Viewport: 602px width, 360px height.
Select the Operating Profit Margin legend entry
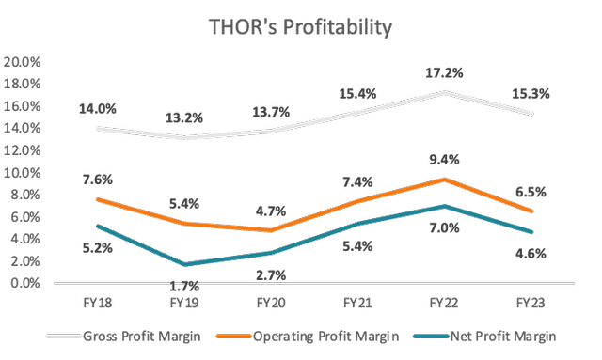305,336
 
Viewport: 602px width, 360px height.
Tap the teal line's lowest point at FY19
184,264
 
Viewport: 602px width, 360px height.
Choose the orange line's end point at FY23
532,211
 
